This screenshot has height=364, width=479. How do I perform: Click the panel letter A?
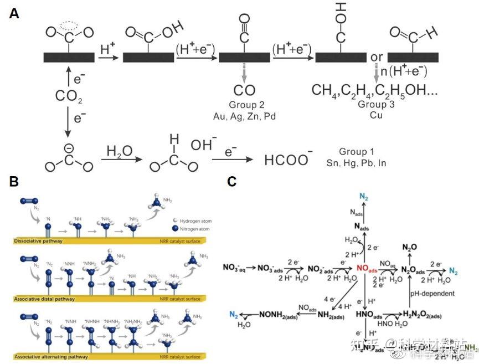14,14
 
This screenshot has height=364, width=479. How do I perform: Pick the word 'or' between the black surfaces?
377,57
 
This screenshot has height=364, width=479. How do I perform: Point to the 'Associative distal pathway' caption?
48,299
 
